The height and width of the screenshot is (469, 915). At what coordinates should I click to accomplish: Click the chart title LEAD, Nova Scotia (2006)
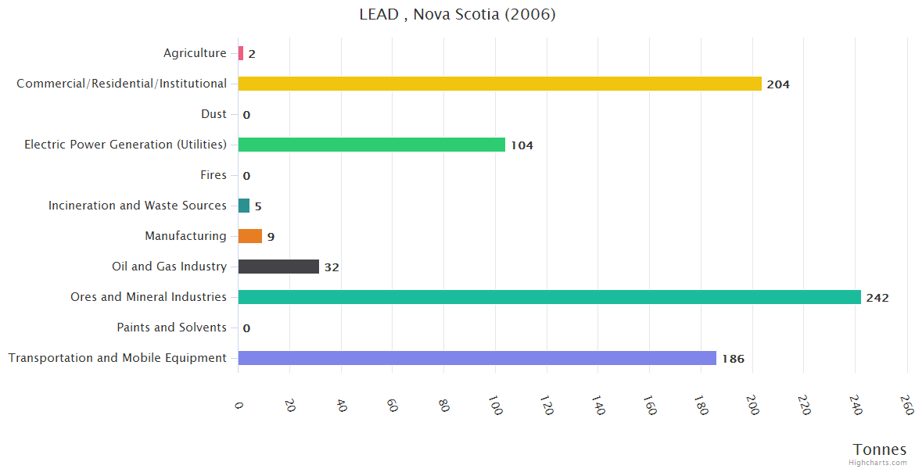point(457,14)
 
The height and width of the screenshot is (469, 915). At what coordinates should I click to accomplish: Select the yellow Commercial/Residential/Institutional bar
point(500,84)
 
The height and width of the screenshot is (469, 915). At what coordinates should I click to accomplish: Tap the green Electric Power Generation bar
point(371,145)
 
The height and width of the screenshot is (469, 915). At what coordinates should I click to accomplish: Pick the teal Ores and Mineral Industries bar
point(549,297)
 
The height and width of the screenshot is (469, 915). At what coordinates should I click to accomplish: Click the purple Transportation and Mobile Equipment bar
point(477,358)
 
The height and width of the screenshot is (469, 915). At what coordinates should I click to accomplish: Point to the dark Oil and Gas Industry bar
point(278,267)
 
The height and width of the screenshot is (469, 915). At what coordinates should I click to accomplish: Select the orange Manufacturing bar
point(250,236)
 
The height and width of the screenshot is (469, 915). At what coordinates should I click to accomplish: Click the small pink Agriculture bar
point(241,53)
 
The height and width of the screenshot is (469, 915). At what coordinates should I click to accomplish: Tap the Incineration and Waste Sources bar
point(244,206)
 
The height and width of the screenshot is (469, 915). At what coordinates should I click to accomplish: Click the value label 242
point(877,298)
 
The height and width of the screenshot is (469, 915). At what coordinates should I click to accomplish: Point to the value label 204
point(778,84)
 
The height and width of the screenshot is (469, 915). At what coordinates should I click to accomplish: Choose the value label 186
point(733,359)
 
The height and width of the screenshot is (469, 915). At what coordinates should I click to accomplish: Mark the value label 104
point(522,145)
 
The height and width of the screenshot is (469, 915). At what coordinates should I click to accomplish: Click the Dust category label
point(213,114)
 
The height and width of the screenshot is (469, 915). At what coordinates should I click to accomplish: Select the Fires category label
point(213,175)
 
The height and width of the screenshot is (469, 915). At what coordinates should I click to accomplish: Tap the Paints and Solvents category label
point(171,328)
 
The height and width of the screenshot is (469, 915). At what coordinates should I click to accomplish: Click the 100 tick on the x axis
point(494,407)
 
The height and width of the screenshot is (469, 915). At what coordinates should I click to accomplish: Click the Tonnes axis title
point(879,449)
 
